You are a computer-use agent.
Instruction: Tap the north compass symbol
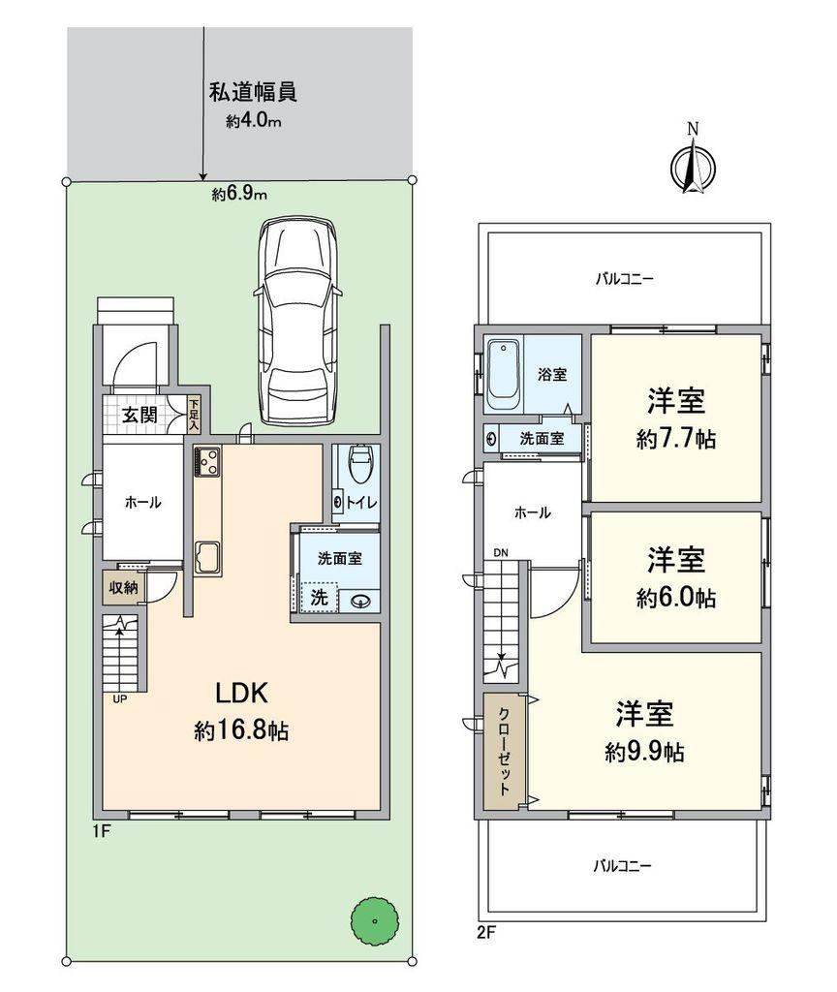point(694,166)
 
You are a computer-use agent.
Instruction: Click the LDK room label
point(242,694)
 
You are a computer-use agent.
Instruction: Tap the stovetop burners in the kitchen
point(207,460)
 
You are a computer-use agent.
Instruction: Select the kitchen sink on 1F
point(207,557)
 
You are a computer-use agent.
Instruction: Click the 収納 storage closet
point(123,588)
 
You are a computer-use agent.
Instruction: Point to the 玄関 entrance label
point(139,415)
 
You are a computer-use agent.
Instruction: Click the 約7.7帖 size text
point(675,439)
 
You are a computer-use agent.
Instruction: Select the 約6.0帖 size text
point(675,597)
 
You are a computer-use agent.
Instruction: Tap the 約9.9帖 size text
point(644,752)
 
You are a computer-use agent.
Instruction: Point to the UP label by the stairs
point(118,699)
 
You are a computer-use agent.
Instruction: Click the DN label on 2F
point(501,553)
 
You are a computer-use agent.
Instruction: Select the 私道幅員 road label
point(253,92)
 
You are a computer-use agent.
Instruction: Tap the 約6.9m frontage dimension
point(239,194)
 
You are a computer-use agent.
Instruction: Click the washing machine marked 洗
point(320,597)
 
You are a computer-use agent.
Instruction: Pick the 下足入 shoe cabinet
point(194,415)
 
